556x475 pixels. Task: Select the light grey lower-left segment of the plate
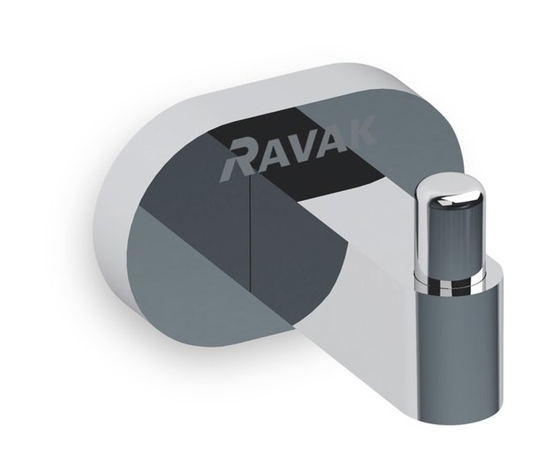pyautogui.click(x=179, y=278)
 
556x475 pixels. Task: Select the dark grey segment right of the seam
pyautogui.click(x=285, y=238)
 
